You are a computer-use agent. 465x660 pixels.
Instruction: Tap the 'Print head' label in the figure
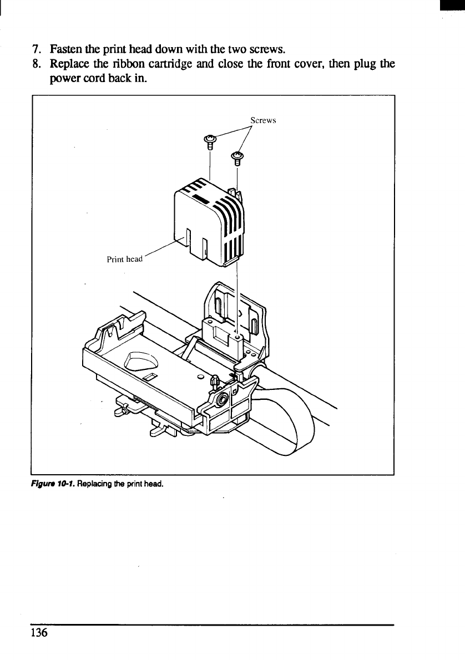[x=125, y=259]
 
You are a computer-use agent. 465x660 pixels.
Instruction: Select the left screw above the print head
[x=210, y=141]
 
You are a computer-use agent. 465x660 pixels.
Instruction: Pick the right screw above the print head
[x=237, y=158]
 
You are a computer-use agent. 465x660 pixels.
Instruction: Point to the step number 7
[x=35, y=48]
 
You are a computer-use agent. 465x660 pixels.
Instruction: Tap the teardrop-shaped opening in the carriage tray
[x=142, y=363]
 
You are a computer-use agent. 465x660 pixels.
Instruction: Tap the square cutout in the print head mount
[x=221, y=337]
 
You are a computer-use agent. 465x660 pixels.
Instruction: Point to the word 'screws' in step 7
[x=269, y=48]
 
